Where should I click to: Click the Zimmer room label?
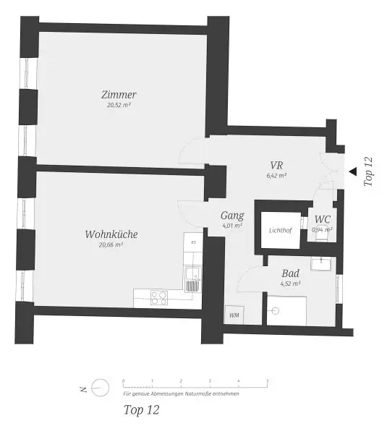[119, 95]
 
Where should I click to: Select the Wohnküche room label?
[111, 234]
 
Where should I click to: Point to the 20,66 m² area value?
[111, 245]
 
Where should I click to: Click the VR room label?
[276, 164]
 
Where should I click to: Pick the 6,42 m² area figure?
[276, 175]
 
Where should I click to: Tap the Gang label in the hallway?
[232, 216]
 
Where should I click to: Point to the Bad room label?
[291, 274]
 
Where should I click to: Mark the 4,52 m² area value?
[291, 284]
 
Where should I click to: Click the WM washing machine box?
[234, 315]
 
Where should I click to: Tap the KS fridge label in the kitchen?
[193, 242]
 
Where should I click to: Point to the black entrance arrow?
[352, 171]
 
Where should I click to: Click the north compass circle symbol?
[102, 388]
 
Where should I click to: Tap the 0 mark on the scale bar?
[123, 380]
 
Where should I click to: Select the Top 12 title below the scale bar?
[141, 410]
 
